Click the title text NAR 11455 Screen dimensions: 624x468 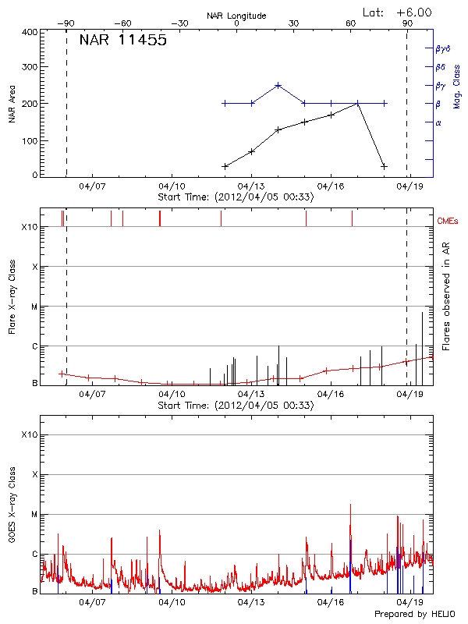click(123, 41)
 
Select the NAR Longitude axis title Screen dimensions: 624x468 click(236, 16)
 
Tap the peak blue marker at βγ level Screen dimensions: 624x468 click(278, 85)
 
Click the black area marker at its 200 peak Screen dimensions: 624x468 click(357, 103)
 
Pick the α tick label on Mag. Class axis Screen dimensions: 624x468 click(438, 122)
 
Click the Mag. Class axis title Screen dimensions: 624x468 click(456, 86)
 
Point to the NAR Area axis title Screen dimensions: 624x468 click(12, 105)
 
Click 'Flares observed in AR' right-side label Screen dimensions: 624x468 click(446, 304)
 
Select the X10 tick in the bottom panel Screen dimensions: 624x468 click(30, 434)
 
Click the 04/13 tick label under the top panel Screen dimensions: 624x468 click(250, 187)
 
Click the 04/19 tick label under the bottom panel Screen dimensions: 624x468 click(410, 602)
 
